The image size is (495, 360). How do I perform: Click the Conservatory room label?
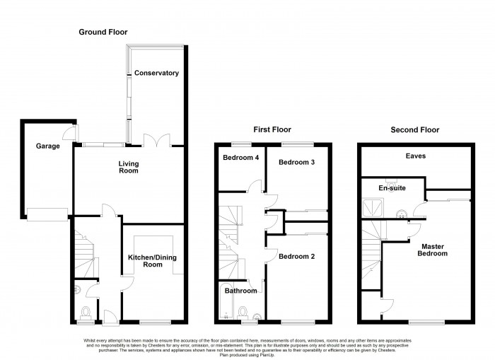(x=156, y=73)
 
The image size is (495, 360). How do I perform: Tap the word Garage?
(x=48, y=146)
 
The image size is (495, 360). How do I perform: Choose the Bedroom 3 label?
(x=297, y=162)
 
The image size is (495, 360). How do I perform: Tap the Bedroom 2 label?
(x=297, y=256)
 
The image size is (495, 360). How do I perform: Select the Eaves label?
(x=415, y=156)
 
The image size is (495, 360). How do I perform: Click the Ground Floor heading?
(x=103, y=32)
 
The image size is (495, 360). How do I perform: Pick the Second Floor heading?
(x=415, y=129)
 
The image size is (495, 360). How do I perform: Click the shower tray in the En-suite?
(x=372, y=207)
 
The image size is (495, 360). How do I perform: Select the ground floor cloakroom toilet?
(x=86, y=312)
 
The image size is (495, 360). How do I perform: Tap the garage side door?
(x=68, y=133)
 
